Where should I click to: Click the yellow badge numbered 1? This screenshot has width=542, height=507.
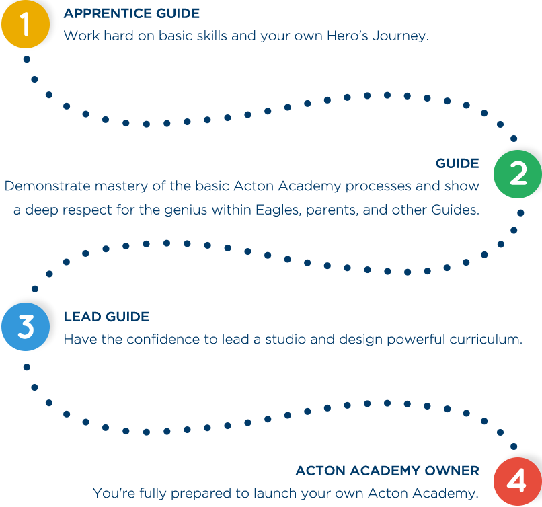coord(26,26)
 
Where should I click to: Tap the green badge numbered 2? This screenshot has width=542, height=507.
coord(517,174)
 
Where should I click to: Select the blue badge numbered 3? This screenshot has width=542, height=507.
coord(26,326)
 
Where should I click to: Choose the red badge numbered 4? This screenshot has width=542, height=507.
coord(516,481)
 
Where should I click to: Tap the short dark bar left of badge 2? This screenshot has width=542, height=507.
coord(457,163)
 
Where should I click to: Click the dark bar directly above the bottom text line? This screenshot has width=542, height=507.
coord(387,470)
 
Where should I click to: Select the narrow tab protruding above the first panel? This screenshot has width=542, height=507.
coord(131,11)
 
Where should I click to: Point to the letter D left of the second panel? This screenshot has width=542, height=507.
coord(8,186)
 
